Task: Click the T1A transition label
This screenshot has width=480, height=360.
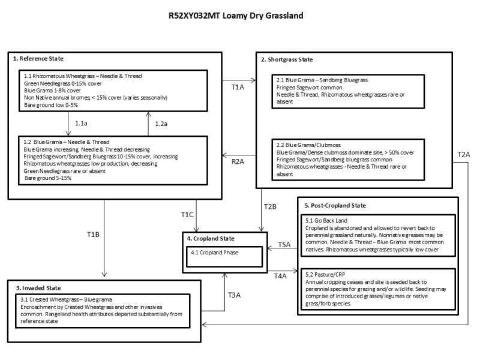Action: coord(238,87)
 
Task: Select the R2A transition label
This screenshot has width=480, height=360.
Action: coord(238,161)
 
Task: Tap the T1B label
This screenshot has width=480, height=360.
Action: coord(93,234)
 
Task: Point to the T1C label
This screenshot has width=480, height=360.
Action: coord(187,214)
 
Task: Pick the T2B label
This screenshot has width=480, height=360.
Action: coord(270,207)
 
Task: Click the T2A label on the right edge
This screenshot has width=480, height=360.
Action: coord(463,154)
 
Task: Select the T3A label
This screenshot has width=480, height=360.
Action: coord(235,295)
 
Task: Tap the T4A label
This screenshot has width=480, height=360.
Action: coord(280,275)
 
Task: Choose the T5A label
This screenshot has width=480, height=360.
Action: coord(284,245)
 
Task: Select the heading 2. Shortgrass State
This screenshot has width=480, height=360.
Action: coord(286,59)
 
